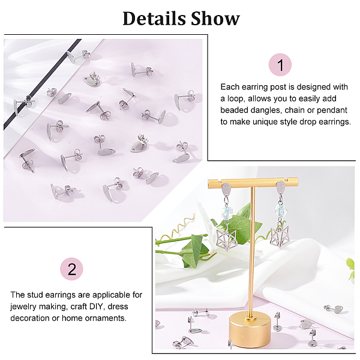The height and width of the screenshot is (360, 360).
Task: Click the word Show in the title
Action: point(215,19)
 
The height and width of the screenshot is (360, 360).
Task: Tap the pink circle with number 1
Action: point(280,65)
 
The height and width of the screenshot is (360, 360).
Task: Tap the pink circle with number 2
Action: point(71,269)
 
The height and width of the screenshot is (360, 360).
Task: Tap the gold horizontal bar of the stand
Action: point(253,183)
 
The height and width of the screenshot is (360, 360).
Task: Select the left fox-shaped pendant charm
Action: point(227,239)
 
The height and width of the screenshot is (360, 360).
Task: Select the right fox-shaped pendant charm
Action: point(280,238)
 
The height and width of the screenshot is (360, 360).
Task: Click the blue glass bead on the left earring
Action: point(227,212)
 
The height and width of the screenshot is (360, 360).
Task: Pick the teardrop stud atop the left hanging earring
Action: point(226,189)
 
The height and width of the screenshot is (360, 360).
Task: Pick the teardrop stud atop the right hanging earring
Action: point(281,187)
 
